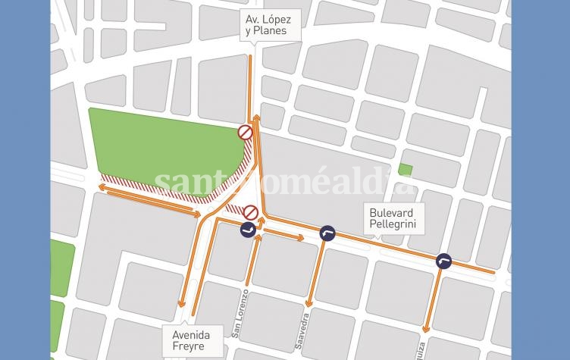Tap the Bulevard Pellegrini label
pos(394,219)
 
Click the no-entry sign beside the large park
pos(245,132)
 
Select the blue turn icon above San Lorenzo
pos(247,230)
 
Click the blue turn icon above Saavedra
pos(327,233)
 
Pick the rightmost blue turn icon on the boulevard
pos(444,261)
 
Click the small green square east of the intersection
pos(406,170)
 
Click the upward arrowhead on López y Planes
pos(257,118)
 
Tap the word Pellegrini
pos(394,225)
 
